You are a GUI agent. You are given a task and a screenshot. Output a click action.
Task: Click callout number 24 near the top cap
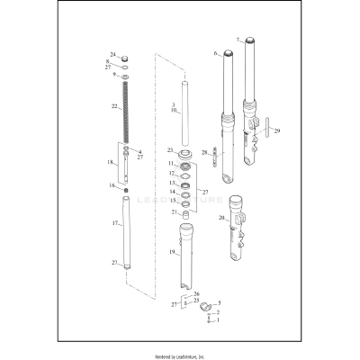[113, 55]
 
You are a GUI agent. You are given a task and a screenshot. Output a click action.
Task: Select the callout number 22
[114, 106]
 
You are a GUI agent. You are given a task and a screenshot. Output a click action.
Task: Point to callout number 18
[111, 163]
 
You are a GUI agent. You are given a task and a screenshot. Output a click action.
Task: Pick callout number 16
[112, 184]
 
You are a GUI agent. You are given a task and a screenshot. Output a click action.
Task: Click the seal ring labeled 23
[185, 150]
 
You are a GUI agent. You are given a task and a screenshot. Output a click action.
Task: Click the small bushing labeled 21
[186, 212]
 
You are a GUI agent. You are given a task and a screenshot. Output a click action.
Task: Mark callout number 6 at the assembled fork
[215, 54]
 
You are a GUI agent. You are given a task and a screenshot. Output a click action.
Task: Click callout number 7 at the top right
[238, 40]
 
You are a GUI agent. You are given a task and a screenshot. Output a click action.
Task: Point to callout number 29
[277, 131]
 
